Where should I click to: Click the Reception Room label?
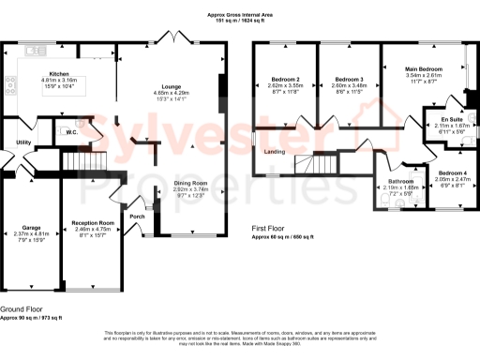click(92, 223)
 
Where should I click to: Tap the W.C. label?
click(71, 133)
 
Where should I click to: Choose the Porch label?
click(138, 216)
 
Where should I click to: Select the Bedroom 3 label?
click(349, 79)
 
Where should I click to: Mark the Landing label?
click(275, 151)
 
